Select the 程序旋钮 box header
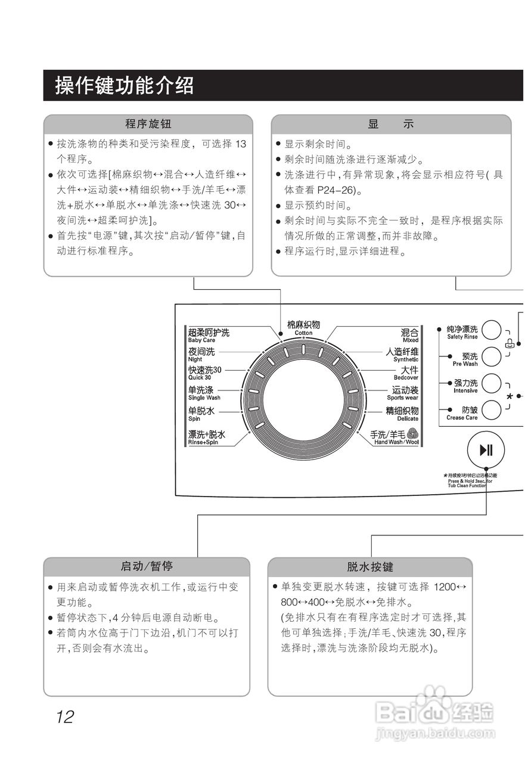tap(148, 125)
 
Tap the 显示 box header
tap(391, 125)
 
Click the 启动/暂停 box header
tap(147, 566)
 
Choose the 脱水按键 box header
tap(370, 567)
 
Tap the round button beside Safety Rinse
tap(492, 330)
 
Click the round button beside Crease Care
tap(492, 411)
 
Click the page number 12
tap(65, 717)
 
